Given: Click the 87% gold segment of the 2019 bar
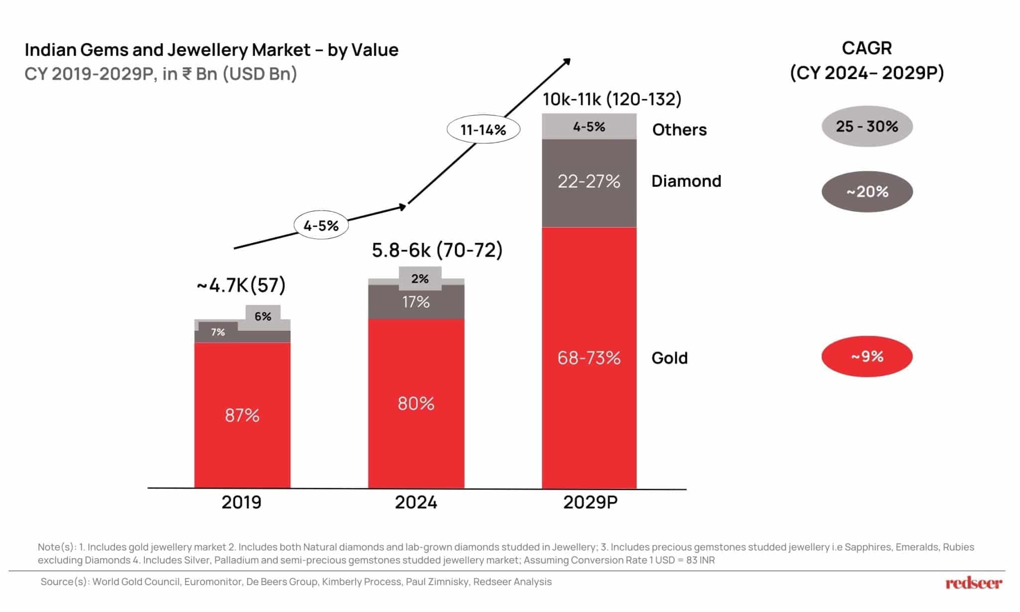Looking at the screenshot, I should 242,415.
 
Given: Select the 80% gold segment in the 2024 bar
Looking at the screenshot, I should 416,403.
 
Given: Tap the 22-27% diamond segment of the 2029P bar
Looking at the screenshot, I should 589,182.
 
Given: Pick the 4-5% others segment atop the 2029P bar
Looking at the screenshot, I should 589,126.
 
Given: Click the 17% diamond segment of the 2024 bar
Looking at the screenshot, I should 416,302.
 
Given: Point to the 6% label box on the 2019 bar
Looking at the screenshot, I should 263,316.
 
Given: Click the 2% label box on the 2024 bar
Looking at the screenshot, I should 420,278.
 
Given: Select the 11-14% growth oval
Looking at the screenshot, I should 483,129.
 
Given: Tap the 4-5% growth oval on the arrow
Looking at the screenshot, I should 321,226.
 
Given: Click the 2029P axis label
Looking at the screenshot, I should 590,502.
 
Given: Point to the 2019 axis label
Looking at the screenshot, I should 242,502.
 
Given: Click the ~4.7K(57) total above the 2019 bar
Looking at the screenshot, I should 241,285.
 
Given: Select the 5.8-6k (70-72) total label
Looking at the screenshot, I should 437,250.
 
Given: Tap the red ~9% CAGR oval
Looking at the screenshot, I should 867,357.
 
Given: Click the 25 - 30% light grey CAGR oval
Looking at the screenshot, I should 867,126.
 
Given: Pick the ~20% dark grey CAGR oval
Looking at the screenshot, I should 867,192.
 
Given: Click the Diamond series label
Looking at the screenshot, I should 686,181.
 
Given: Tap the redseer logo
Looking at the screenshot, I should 974,583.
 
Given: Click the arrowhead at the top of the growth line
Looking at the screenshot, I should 567,61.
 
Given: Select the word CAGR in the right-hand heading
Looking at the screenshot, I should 867,48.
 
